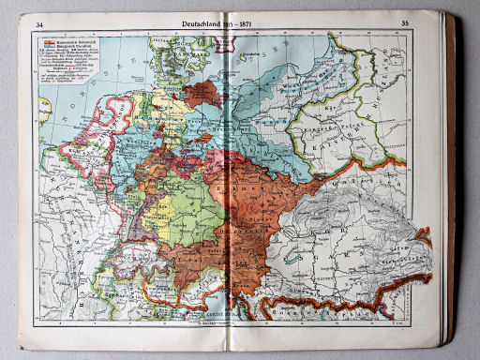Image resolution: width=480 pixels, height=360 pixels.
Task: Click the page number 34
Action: click(x=37, y=23)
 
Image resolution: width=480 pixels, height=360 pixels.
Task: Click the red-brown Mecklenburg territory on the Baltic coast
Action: click(x=202, y=93)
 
